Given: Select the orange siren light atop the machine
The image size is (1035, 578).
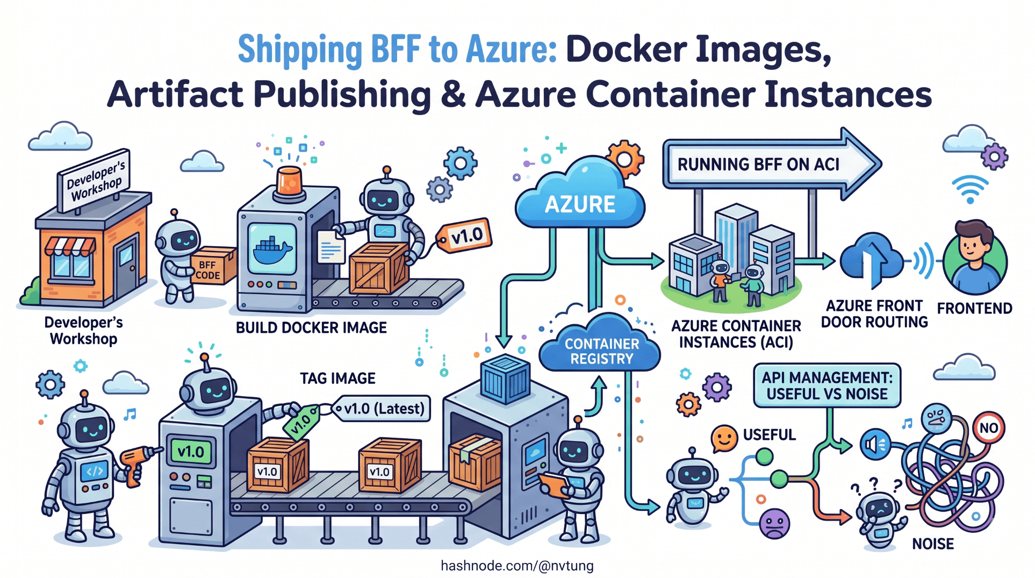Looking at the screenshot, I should click(x=289, y=180).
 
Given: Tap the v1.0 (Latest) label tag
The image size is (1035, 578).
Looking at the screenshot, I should click(x=383, y=409).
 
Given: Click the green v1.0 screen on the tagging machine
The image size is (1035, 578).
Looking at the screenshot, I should click(x=191, y=451).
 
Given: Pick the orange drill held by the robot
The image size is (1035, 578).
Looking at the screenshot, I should click(x=137, y=462).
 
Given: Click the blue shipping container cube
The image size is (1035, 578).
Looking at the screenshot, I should click(x=505, y=379).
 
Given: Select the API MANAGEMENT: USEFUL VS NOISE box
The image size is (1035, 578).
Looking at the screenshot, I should click(x=826, y=386).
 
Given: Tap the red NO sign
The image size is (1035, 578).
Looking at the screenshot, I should click(x=988, y=428).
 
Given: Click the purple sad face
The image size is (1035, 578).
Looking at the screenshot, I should click(x=774, y=523).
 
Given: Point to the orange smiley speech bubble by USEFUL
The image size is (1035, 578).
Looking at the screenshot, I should click(x=724, y=438).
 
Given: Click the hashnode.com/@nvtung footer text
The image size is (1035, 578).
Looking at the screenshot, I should click(x=517, y=566).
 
